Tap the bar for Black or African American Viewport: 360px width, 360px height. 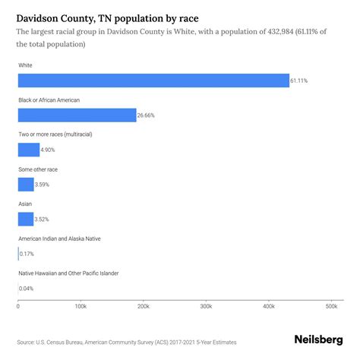pos(77,115)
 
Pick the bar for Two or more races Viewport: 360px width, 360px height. pos(29,150)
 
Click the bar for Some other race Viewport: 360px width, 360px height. pos(26,185)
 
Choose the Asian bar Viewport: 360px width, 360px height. pos(26,219)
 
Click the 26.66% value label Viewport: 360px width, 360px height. pos(147,115)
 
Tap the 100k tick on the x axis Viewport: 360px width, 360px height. pos(81,307)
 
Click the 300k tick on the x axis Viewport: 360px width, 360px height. pos(206,307)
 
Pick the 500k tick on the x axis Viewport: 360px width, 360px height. pos(331,307)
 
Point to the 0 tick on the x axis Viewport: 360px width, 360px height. pos(18,307)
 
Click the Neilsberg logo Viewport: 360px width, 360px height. pos(317,341)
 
